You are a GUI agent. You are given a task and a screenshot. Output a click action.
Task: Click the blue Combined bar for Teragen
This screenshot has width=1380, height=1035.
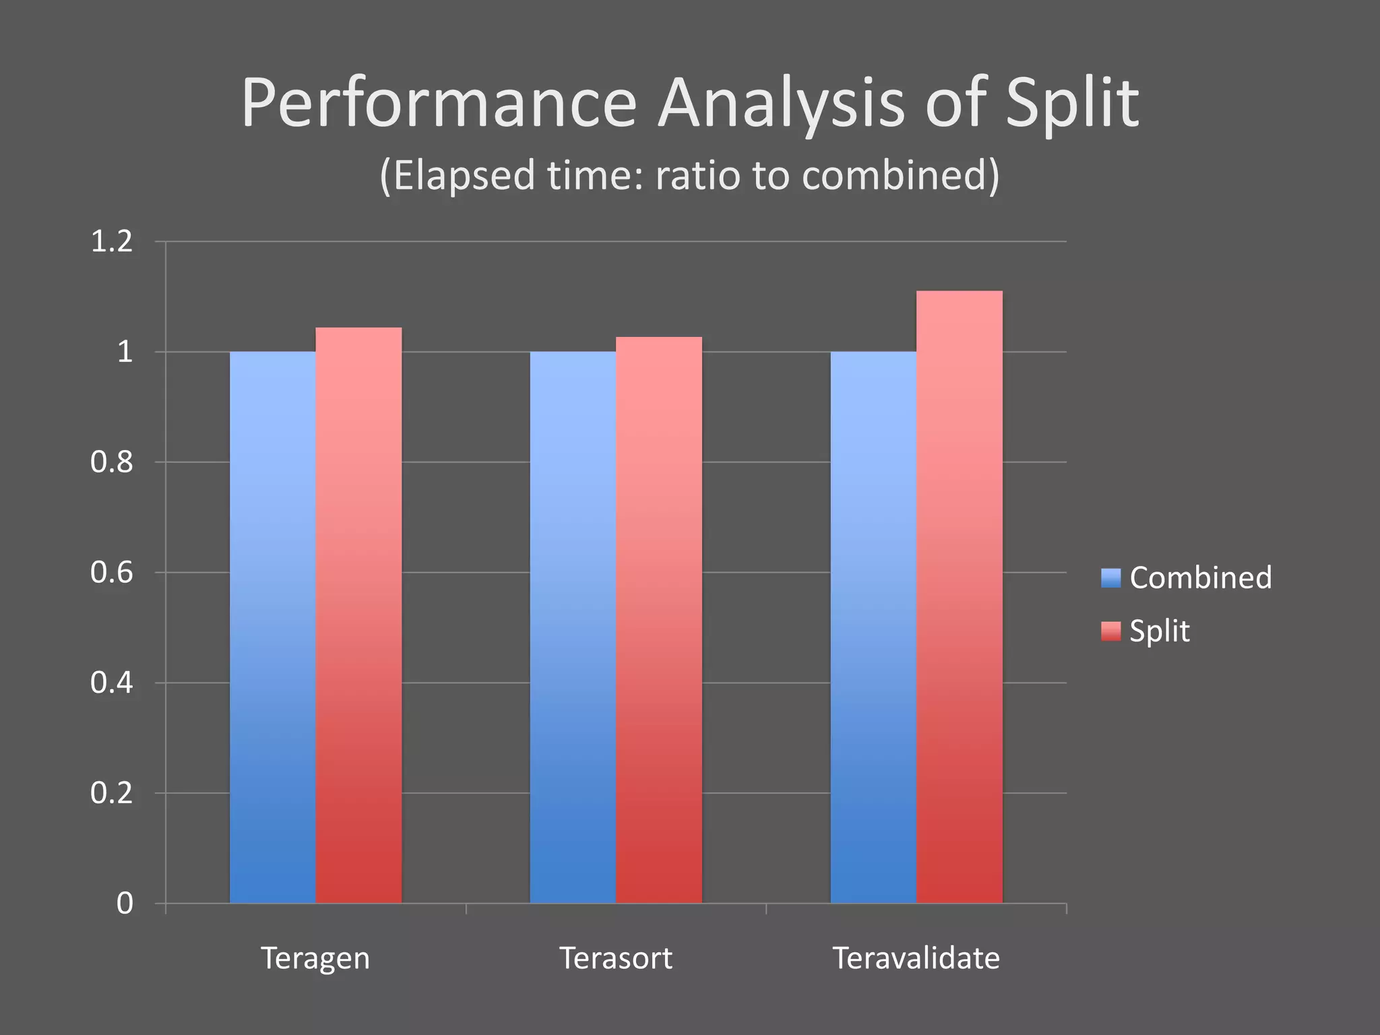pyautogui.click(x=272, y=627)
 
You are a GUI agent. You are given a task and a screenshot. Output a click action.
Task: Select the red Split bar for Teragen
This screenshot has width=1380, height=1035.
pyautogui.click(x=358, y=615)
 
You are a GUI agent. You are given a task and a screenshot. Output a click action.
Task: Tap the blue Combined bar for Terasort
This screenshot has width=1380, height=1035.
pyautogui.click(x=573, y=627)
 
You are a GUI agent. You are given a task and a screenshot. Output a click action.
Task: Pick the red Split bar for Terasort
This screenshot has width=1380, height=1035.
pyautogui.click(x=659, y=620)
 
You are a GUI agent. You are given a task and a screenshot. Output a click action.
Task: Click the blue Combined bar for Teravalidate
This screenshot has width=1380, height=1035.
pyautogui.click(x=873, y=627)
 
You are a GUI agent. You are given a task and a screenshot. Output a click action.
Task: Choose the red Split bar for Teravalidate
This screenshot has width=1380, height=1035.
pyautogui.click(x=960, y=596)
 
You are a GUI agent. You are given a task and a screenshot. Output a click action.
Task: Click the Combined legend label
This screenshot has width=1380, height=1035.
pyautogui.click(x=1201, y=578)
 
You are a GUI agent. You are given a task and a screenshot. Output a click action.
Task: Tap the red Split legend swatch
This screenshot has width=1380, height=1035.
pyautogui.click(x=1110, y=631)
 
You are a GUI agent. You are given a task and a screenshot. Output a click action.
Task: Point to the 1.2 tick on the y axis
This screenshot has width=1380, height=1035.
pyautogui.click(x=112, y=242)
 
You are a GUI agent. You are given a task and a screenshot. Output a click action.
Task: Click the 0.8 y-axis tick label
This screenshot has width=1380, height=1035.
pyautogui.click(x=112, y=462)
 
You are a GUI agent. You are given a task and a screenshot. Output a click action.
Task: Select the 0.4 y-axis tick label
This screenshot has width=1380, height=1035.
pyautogui.click(x=112, y=683)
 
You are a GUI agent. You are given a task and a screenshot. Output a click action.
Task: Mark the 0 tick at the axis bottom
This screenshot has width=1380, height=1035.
pyautogui.click(x=125, y=904)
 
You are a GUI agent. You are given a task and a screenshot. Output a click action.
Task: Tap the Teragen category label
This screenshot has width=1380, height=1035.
pyautogui.click(x=315, y=958)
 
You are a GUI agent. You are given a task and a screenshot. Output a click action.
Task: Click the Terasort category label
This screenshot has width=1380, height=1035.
pyautogui.click(x=616, y=958)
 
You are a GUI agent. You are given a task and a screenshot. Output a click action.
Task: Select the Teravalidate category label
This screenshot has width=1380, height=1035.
pyautogui.click(x=916, y=958)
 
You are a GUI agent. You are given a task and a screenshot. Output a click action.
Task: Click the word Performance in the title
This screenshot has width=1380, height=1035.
pyautogui.click(x=439, y=104)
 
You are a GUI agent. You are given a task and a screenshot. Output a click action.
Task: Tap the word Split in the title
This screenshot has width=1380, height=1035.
pyautogui.click(x=1071, y=104)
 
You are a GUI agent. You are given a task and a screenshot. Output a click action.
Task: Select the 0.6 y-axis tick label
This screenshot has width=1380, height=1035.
pyautogui.click(x=112, y=573)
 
